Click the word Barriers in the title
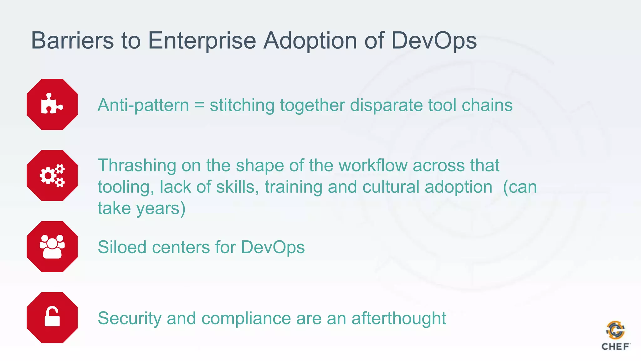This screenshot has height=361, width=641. coord(72,40)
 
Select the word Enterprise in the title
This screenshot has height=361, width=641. coord(202,41)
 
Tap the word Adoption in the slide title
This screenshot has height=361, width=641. coord(310,41)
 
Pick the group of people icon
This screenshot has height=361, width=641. coord(52,247)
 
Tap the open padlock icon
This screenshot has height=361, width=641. coord(52,317)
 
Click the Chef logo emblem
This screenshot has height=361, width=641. coord(615,330)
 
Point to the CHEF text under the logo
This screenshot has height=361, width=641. coord(615,347)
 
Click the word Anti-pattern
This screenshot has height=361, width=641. coord(143,105)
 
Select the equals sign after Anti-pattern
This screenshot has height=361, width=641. coord(199,105)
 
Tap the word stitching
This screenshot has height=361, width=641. coord(242,105)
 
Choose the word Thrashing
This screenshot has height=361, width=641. coord(137,165)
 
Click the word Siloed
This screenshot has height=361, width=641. coord(122,247)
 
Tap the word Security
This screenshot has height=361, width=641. coord(130,319)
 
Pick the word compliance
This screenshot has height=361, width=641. coord(246,319)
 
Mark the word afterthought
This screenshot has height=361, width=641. coord(398,318)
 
